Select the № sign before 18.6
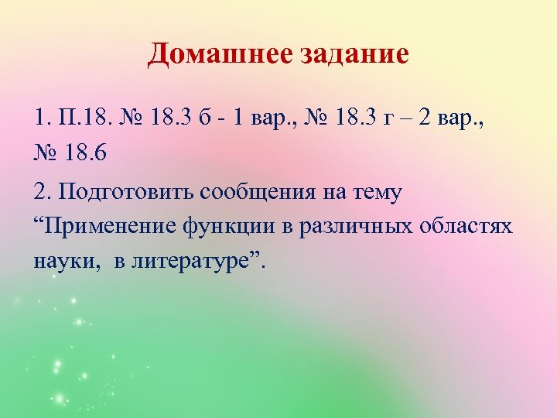pos(46,153)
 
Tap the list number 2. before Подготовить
pos(43,192)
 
